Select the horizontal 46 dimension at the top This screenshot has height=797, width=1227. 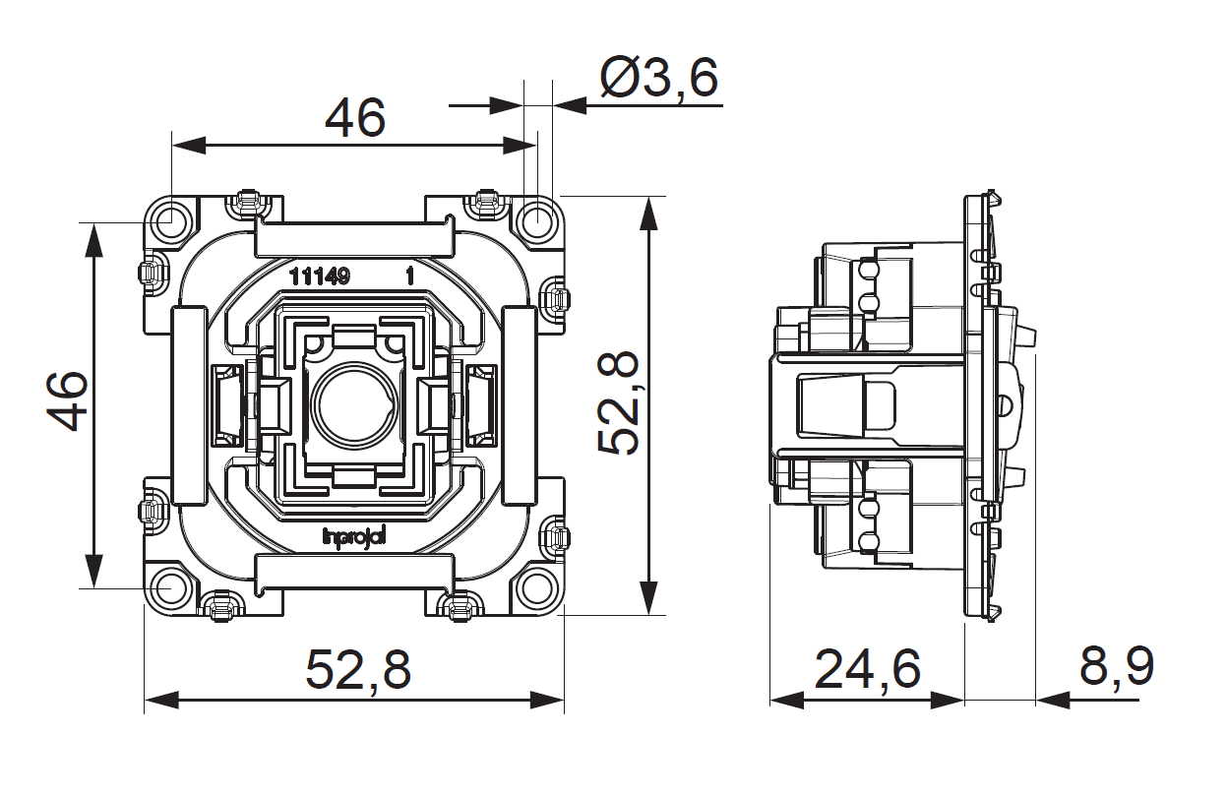pyautogui.click(x=355, y=119)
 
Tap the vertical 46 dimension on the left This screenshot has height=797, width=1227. pyautogui.click(x=68, y=400)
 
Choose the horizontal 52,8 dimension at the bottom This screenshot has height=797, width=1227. pyautogui.click(x=357, y=671)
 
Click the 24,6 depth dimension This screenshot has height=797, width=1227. pyautogui.click(x=867, y=669)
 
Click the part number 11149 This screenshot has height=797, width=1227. pyautogui.click(x=320, y=276)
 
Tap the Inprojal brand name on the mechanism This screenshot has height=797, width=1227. pyautogui.click(x=356, y=535)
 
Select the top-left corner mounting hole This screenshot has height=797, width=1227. pyautogui.click(x=171, y=220)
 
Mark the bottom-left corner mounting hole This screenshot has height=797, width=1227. pyautogui.click(x=171, y=587)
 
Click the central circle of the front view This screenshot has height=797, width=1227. pyautogui.click(x=354, y=404)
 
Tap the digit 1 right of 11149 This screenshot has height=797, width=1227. pyautogui.click(x=410, y=276)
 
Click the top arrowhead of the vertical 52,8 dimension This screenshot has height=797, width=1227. pyautogui.click(x=648, y=213)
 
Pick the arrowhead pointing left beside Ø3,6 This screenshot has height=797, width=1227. pyautogui.click(x=570, y=103)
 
